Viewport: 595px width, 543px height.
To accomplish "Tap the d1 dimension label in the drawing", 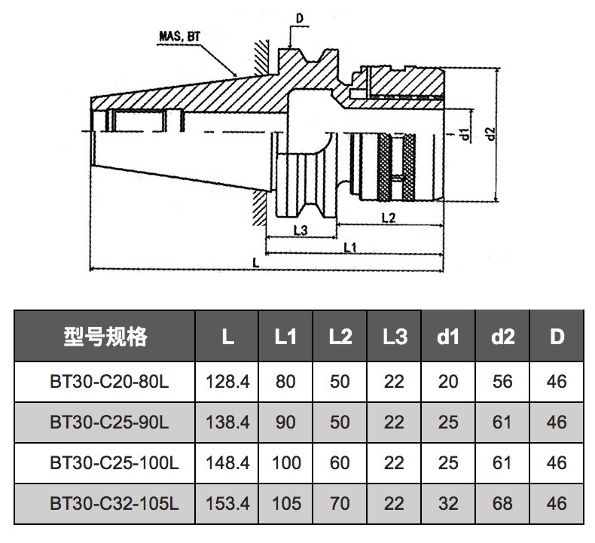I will pyautogui.click(x=467, y=135).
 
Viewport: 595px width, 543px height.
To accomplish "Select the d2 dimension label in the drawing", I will pyautogui.click(x=490, y=133).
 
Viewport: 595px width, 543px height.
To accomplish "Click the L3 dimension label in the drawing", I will pyautogui.click(x=299, y=230).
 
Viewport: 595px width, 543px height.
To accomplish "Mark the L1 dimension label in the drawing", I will pyautogui.click(x=350, y=247).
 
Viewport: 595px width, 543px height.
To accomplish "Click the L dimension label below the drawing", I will pyautogui.click(x=256, y=263).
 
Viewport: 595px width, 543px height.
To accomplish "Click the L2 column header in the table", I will pyautogui.click(x=340, y=337).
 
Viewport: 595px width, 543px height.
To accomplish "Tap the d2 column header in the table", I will pyautogui.click(x=502, y=337).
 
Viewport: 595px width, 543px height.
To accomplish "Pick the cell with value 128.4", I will pyautogui.click(x=227, y=382).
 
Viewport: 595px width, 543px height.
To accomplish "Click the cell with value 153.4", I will pyautogui.click(x=227, y=503).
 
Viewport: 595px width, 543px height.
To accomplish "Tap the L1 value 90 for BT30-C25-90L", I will pyautogui.click(x=285, y=423).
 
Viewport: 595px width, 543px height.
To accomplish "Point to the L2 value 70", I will pyautogui.click(x=340, y=503).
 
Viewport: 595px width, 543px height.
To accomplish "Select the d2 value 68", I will pyautogui.click(x=502, y=503).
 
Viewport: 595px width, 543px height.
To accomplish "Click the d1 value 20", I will pyautogui.click(x=448, y=382).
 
